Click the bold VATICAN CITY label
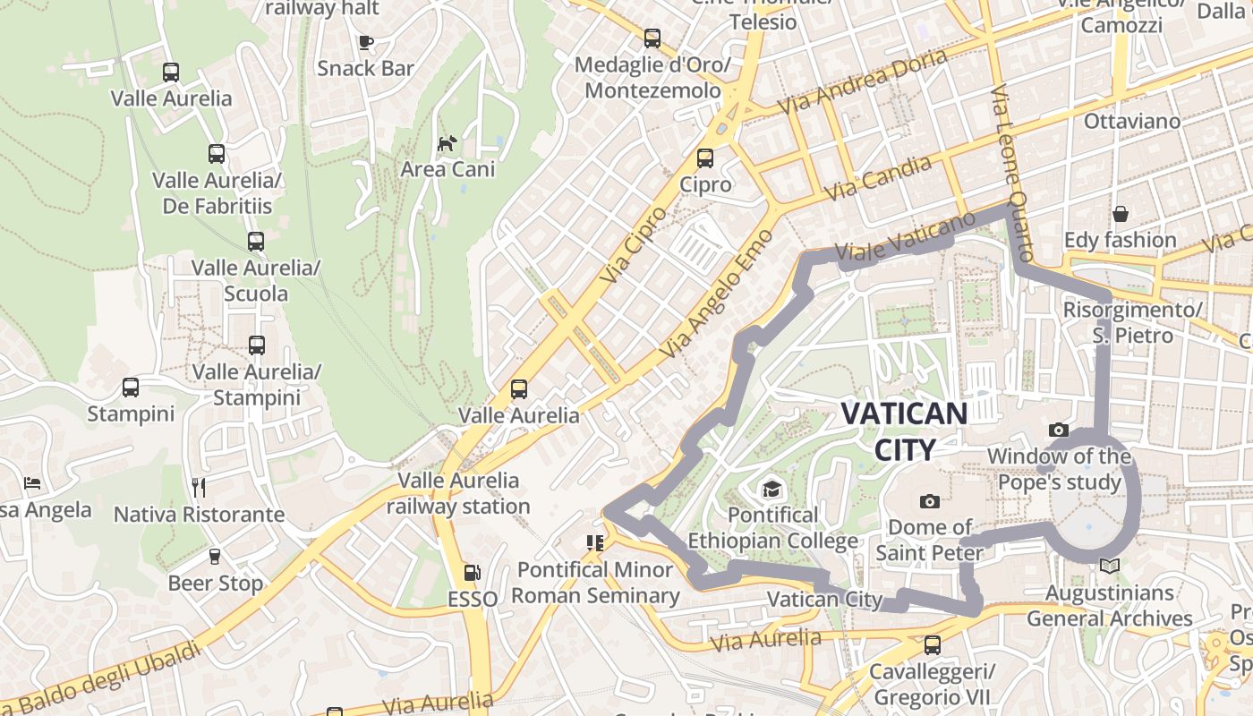point(905,431)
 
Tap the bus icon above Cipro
point(705,158)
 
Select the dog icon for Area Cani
point(447,143)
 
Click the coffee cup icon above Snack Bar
point(365,42)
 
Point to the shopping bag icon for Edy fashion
point(1120,214)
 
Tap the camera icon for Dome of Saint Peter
point(930,501)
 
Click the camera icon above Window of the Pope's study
point(1059,430)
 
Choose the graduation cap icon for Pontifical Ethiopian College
point(771,489)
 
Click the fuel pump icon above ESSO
point(472,573)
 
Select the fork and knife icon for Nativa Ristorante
point(199,488)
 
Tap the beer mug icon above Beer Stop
point(215,557)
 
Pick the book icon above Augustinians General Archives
point(1110,566)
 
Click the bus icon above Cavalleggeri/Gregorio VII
point(933,644)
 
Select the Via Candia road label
point(876,177)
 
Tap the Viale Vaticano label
point(904,238)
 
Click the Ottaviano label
point(1131,121)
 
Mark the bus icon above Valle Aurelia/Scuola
point(256,242)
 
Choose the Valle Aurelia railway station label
point(457,493)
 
